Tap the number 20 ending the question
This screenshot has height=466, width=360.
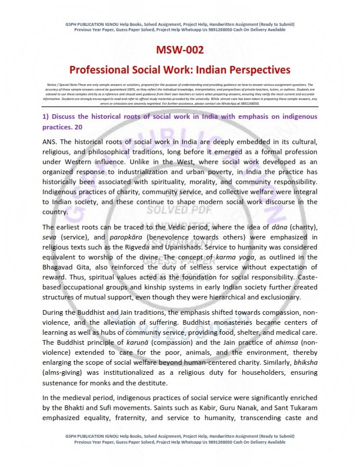click(79, 126)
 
